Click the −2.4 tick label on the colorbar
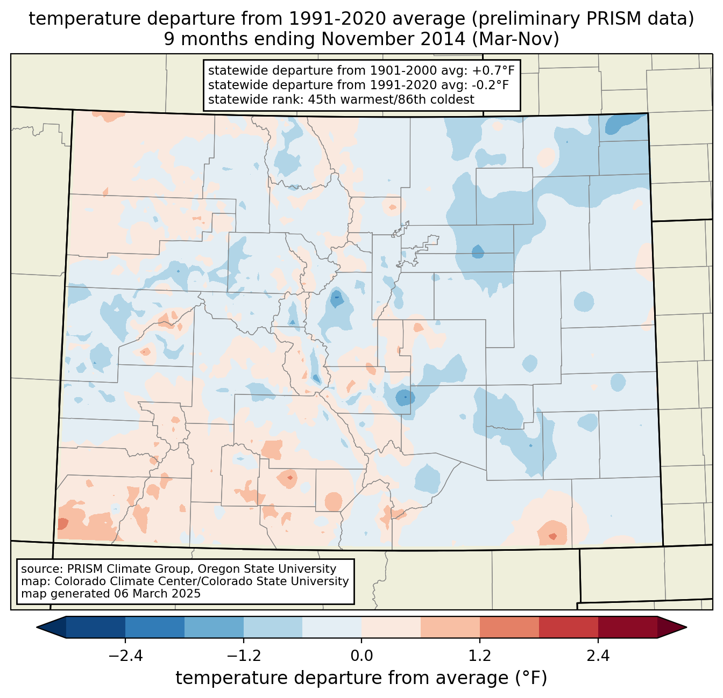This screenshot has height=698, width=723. tap(125, 656)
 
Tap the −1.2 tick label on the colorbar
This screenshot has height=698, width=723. tap(244, 656)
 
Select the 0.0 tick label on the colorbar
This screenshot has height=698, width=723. tap(361, 656)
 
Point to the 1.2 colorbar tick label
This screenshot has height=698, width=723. tap(480, 656)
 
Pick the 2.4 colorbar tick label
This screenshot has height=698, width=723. tap(598, 656)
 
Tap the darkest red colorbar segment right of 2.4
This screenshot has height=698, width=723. tap(627, 627)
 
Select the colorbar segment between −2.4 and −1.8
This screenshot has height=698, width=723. tap(155, 627)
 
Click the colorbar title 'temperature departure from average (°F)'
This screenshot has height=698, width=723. tap(361, 678)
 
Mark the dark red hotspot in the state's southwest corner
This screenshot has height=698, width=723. tap(62, 523)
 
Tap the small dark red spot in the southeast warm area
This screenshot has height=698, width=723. tap(552, 536)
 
